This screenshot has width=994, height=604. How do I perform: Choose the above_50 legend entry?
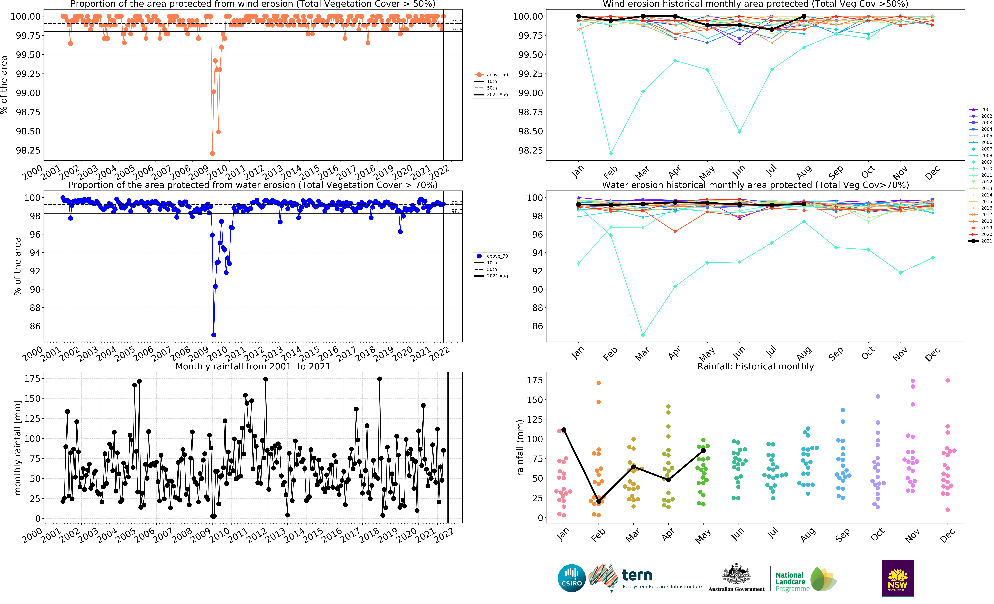(x=491, y=75)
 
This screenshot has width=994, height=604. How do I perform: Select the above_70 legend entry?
(x=491, y=256)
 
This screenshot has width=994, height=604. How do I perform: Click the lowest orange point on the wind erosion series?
(x=212, y=153)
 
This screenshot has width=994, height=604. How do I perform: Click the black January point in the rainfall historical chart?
(x=564, y=430)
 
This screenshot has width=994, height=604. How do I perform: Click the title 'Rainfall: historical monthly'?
(x=755, y=366)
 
